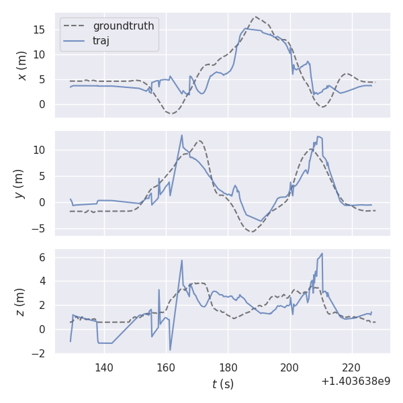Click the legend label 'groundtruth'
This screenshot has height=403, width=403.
pyautogui.click(x=124, y=26)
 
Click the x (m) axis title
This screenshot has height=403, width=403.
pyautogui.click(x=22, y=65)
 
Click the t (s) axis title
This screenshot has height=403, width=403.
pyautogui.click(x=223, y=384)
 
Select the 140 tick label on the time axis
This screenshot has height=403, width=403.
pyautogui.click(x=104, y=367)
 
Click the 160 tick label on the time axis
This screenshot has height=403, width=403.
pyautogui.click(x=166, y=367)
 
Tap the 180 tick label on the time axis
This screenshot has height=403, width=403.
pyautogui.click(x=228, y=367)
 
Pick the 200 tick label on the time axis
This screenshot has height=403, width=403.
pyautogui.click(x=290, y=367)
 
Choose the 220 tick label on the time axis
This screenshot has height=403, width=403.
pyautogui.click(x=352, y=367)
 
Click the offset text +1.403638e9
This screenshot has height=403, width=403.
pyautogui.click(x=355, y=381)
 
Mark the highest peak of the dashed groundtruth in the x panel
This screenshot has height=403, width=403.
pyautogui.click(x=255, y=17)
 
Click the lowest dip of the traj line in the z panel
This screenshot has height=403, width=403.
pyautogui.click(x=170, y=350)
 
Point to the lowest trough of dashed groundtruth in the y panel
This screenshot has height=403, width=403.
pyautogui.click(x=251, y=231)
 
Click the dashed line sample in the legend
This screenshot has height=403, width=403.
pyautogui.click(x=75, y=26)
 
